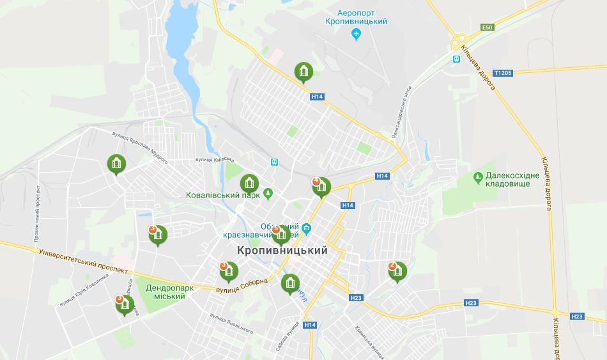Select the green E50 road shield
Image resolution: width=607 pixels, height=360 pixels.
(488, 27)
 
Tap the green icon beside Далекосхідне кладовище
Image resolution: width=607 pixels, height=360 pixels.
(477, 176)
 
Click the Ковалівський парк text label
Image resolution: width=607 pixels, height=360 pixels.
(223, 196)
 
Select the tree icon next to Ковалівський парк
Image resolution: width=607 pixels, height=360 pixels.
(268, 192)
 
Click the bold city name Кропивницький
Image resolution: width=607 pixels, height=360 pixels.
(282, 251)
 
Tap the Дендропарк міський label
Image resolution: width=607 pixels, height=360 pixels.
(169, 293)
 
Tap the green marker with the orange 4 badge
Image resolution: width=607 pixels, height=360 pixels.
(321, 187)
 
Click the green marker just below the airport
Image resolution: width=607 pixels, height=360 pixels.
(303, 72)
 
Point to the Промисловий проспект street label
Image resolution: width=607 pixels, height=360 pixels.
(36, 217)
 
